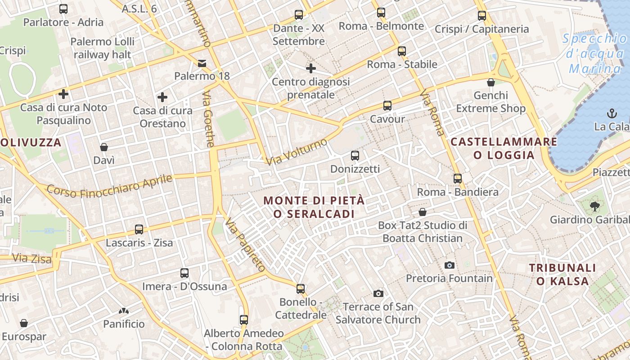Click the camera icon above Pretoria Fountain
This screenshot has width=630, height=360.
449,265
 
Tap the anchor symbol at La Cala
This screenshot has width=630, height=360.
612,113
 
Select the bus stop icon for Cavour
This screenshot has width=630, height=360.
387,106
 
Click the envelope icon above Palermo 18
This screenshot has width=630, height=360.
202,63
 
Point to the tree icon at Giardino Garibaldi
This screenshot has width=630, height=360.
594,207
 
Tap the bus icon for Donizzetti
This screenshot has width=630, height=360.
355,156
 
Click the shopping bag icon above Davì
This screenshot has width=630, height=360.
104,147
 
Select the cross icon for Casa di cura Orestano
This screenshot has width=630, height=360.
162,97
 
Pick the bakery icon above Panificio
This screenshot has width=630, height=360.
124,310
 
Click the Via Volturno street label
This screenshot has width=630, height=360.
297,152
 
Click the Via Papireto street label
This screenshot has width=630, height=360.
245,245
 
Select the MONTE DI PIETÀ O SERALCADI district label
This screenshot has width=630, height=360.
314,207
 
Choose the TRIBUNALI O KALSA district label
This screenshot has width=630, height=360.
562,274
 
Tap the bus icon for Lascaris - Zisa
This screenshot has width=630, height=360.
139,229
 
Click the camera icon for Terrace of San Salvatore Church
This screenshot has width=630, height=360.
378,293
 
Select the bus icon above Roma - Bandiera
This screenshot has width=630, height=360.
458,178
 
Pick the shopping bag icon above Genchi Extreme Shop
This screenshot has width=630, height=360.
491,82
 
